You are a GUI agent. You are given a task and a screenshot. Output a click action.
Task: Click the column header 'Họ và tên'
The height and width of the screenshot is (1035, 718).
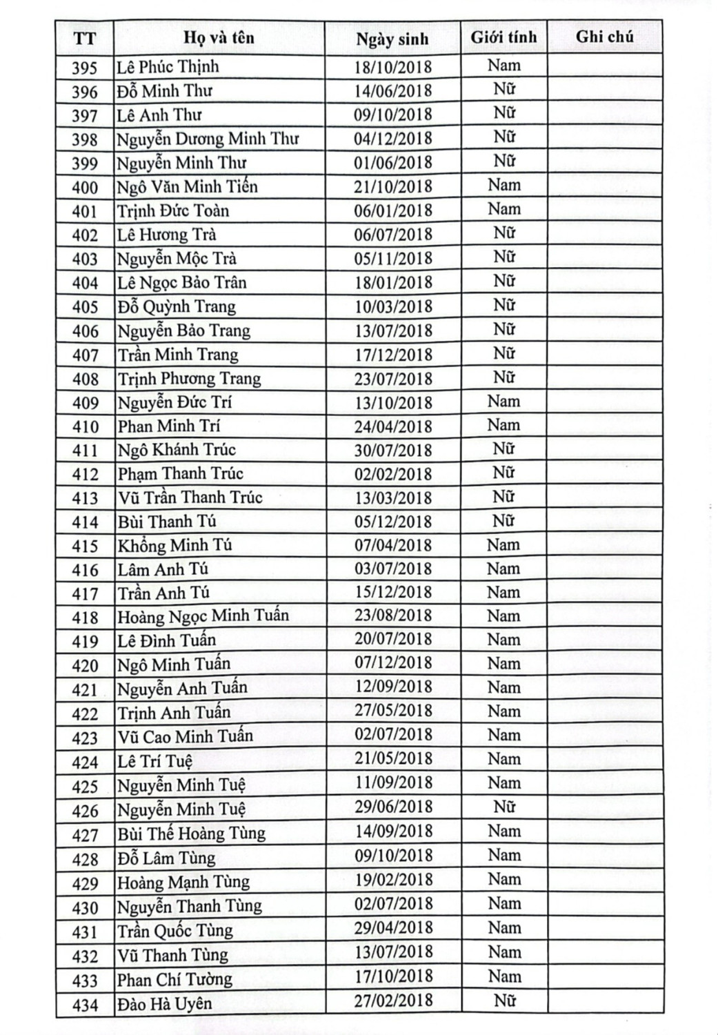click(219, 37)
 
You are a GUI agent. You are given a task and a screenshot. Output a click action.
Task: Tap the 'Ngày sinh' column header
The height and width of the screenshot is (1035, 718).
click(392, 39)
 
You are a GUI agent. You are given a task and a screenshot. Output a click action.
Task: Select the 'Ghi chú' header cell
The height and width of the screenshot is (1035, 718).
click(604, 37)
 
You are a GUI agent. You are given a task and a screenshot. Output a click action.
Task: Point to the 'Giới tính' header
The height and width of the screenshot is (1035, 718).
click(503, 37)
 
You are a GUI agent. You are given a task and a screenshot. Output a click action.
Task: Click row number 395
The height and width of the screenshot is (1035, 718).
click(85, 68)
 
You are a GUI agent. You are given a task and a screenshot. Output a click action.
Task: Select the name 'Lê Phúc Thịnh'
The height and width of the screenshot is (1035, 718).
click(168, 67)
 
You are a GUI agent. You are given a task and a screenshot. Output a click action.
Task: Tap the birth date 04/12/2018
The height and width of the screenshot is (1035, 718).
click(392, 138)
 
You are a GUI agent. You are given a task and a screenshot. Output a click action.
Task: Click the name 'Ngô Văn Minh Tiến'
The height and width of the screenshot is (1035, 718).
click(187, 186)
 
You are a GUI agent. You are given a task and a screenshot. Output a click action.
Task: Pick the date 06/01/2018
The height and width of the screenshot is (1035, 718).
click(392, 210)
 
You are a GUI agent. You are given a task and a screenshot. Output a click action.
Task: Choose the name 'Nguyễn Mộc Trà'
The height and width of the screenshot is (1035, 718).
click(177, 259)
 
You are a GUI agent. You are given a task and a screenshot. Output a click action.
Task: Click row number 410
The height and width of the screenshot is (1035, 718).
click(85, 426)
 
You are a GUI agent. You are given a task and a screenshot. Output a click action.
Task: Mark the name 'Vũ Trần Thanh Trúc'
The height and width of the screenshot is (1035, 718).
click(190, 497)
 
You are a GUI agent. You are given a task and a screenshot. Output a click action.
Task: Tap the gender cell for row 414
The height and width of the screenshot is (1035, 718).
click(503, 521)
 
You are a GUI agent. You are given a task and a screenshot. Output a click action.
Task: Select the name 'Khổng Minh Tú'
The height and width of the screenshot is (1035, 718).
click(174, 545)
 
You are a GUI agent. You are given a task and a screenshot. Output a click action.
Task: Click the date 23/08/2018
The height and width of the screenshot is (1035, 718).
click(393, 615)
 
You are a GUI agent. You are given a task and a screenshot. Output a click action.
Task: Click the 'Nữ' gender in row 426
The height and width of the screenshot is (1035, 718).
click(503, 807)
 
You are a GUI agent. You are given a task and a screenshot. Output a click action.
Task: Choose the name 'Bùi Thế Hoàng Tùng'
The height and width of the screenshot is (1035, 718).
click(191, 834)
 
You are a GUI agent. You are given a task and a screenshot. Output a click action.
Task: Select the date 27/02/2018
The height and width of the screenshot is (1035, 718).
click(393, 1000)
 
